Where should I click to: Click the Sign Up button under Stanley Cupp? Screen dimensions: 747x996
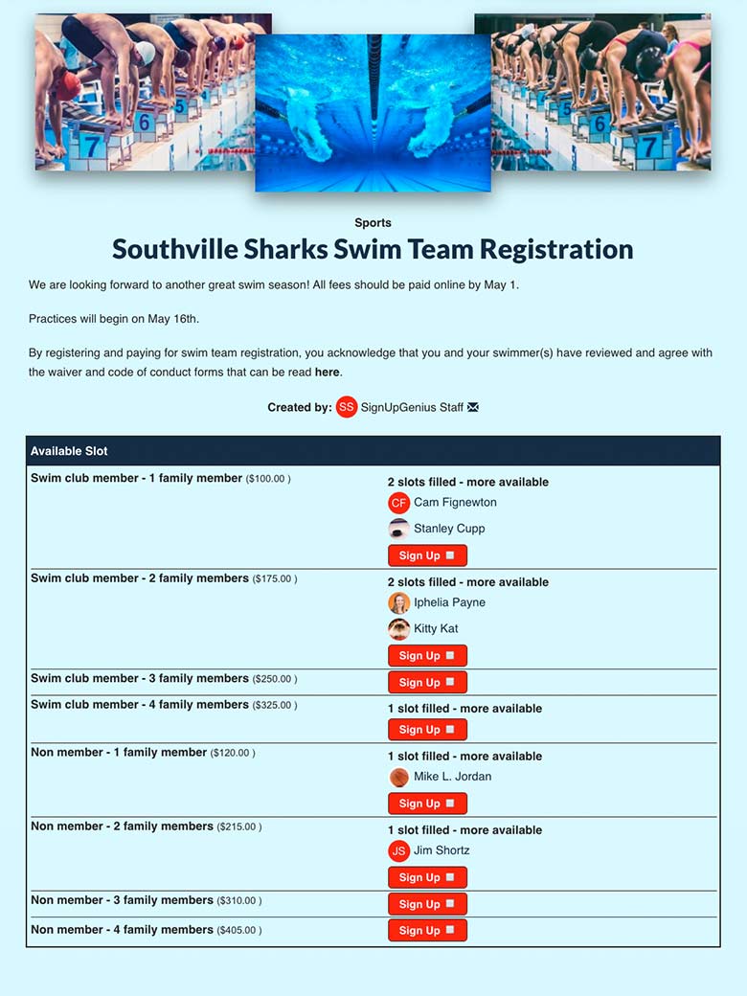tap(427, 555)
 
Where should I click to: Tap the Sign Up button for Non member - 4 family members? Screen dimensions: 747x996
tap(427, 930)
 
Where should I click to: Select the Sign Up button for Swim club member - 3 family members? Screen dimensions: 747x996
tap(427, 682)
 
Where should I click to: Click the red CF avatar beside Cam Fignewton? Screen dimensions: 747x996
tap(398, 503)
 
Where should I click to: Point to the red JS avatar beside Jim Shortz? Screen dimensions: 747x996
tap(398, 850)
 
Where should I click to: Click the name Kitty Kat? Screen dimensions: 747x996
tap(436, 628)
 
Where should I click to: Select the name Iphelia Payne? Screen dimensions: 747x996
tap(449, 602)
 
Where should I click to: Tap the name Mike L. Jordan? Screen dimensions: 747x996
tap(452, 777)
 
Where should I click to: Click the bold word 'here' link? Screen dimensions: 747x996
tap(327, 372)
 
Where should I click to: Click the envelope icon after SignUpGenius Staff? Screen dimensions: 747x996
tap(473, 407)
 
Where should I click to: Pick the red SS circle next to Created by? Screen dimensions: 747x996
tap(347, 407)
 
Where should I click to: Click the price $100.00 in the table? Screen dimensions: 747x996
tap(268, 479)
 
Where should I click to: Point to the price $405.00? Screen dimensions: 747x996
tap(238, 930)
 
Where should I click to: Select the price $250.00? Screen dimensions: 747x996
tap(275, 679)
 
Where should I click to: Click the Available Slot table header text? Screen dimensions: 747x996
tap(69, 451)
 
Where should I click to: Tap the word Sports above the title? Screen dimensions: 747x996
tap(373, 223)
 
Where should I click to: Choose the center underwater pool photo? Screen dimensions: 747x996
tap(373, 113)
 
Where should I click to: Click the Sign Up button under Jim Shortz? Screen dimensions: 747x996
tap(427, 877)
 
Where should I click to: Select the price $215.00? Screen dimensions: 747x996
tap(238, 826)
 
